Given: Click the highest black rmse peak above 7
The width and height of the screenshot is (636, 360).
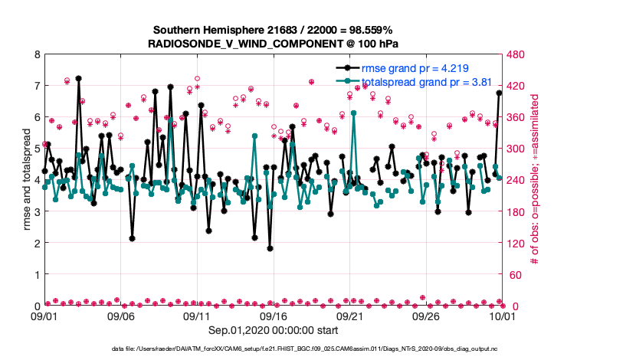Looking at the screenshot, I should (78, 78).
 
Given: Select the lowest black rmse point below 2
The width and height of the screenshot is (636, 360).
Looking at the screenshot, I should (270, 248).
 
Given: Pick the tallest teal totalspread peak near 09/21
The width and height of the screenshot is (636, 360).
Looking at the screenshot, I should (353, 113).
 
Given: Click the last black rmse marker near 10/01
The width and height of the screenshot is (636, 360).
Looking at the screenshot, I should (499, 93).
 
